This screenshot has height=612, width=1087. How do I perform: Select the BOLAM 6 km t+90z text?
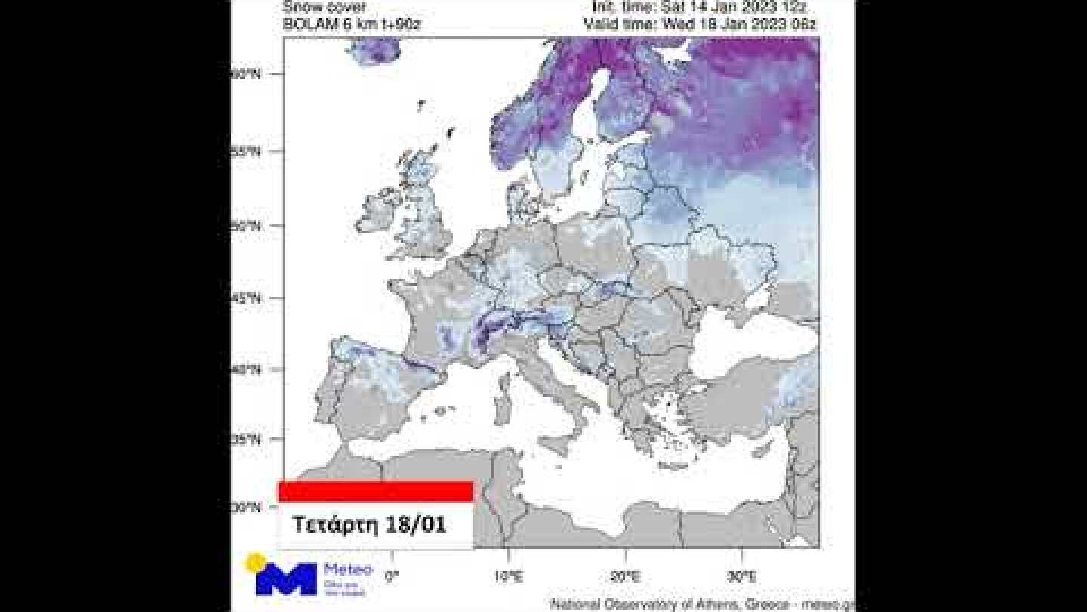tap(352, 24)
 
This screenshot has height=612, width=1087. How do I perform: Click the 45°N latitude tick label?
tap(245, 298)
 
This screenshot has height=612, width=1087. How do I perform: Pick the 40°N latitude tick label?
tap(245, 369)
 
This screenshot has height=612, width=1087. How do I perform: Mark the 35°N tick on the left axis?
tap(245, 439)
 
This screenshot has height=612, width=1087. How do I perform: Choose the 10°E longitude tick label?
tap(507, 576)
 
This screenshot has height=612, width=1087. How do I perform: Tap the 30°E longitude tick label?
tap(742, 576)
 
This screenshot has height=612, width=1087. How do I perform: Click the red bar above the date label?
tap(375, 491)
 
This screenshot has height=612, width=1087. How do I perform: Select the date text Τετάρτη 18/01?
tap(369, 524)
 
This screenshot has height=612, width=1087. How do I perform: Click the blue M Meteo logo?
tap(286, 578)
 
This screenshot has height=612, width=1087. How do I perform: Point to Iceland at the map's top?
tap(375, 51)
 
